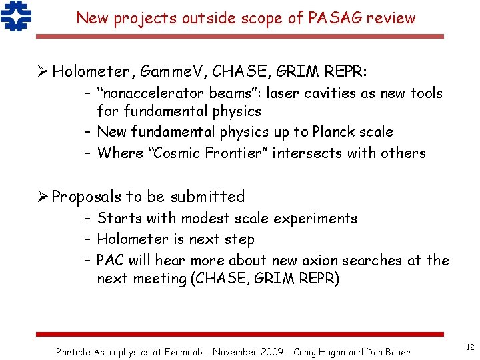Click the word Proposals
(87, 197)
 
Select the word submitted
(207, 197)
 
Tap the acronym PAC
(111, 260)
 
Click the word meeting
(160, 278)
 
